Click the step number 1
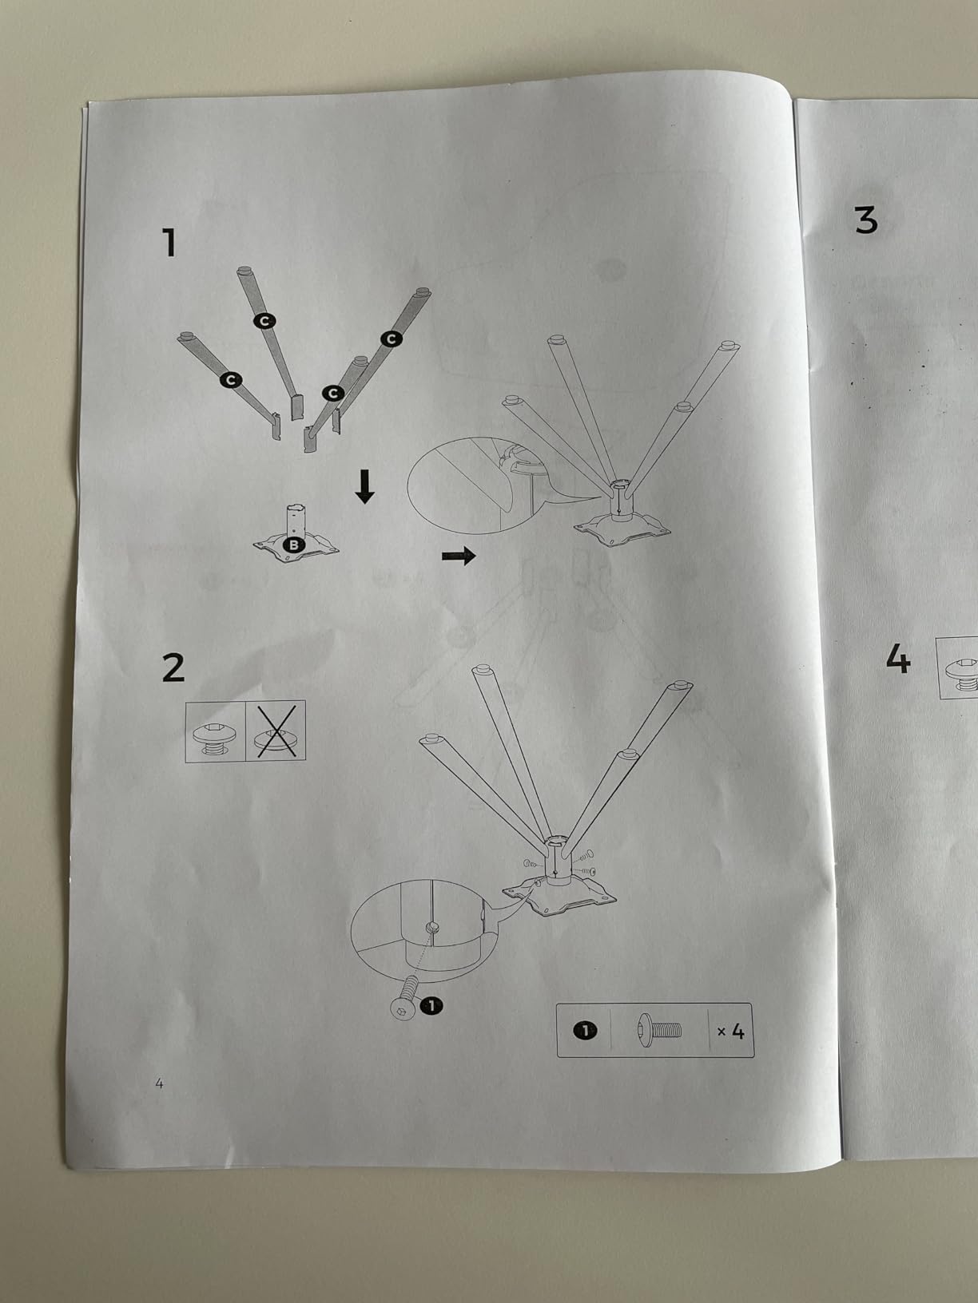coord(170,244)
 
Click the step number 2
coord(173,667)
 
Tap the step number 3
coord(866,220)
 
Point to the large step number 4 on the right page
coord(898,659)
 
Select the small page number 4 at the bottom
coord(159,1083)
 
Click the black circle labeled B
coord(293,545)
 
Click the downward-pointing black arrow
coord(364,486)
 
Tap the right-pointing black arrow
coord(459,556)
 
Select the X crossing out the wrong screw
coord(276,731)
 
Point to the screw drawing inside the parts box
coord(659,1029)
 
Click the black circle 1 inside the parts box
coord(585,1031)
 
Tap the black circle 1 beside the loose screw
coord(431,1005)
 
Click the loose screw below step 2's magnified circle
coord(404,1001)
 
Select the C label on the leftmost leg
coord(230,380)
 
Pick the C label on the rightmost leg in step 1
coord(392,339)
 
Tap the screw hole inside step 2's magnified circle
coord(431,927)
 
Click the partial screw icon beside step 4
coord(961,668)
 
